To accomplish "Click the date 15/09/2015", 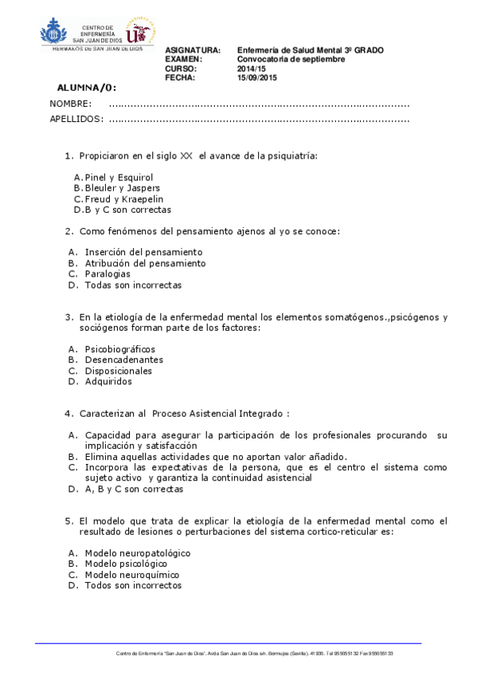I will tap(257, 78).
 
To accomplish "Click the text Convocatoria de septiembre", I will tap(291, 60).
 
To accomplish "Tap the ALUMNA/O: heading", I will tap(87, 88).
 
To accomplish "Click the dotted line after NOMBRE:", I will tap(259, 104).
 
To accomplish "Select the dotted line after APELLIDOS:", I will tap(259, 120).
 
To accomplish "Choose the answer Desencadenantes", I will tap(119, 360).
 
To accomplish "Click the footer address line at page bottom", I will tap(255, 653).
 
